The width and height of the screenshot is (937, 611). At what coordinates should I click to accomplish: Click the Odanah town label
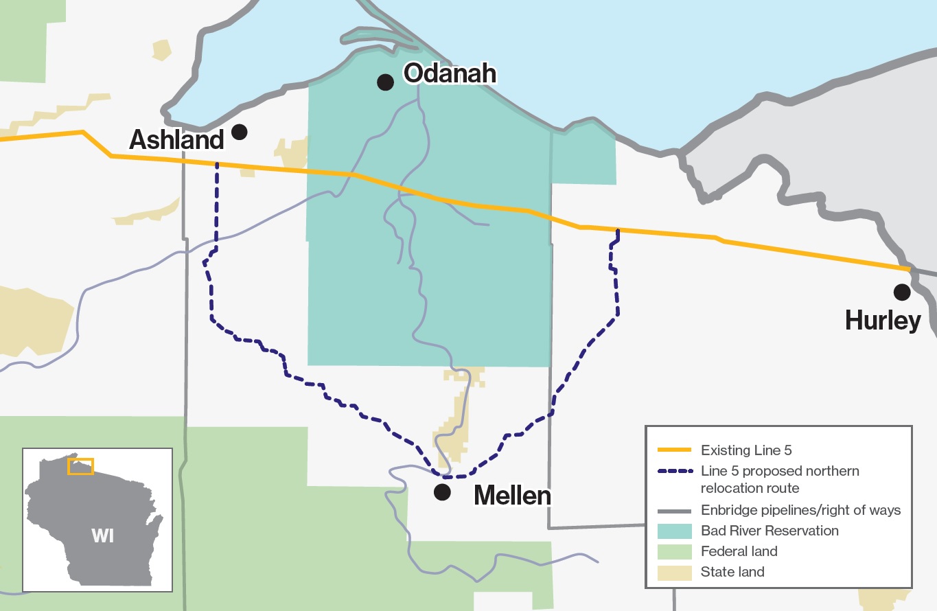[x=449, y=73]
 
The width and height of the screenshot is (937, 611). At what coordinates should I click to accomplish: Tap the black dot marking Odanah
[x=385, y=82]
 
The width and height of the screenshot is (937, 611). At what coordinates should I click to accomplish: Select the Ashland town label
[x=177, y=140]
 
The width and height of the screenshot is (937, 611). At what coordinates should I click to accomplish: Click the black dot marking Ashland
[x=240, y=132]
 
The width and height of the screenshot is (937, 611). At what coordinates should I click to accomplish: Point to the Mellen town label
[x=512, y=496]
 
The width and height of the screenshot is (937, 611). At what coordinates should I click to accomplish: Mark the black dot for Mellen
[x=442, y=492]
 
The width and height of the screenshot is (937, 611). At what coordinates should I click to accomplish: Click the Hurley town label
[x=883, y=321]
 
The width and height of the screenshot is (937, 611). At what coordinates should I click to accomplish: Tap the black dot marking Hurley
[x=901, y=292]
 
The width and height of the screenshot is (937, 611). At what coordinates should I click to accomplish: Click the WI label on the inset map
[x=102, y=535]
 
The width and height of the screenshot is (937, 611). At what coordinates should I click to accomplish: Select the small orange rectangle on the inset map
[x=80, y=466]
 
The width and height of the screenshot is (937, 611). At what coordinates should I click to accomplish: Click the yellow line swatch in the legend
[x=673, y=451]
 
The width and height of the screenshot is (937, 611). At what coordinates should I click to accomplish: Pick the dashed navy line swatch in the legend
[x=673, y=472]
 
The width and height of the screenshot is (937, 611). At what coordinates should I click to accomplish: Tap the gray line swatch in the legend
[x=673, y=511]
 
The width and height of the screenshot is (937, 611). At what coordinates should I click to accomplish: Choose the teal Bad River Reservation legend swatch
[x=673, y=531]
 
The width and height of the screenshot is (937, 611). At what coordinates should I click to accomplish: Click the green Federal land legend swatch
[x=673, y=551]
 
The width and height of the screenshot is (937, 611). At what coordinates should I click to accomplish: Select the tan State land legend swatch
[x=673, y=571]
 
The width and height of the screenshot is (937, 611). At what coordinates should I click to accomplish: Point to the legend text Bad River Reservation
[x=770, y=531]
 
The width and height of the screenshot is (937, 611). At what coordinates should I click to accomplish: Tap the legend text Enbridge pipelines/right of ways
[x=800, y=511]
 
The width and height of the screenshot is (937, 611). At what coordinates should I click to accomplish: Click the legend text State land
[x=732, y=571]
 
